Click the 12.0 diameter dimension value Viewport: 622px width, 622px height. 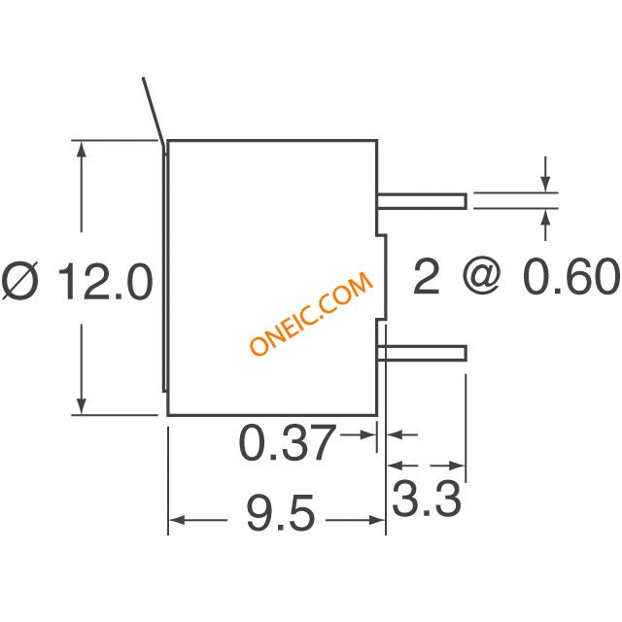[106, 281]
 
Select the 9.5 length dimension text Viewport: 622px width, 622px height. [281, 512]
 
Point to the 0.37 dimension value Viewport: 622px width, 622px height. [287, 442]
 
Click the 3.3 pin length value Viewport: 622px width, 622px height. [427, 498]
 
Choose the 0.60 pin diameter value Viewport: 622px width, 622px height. [571, 276]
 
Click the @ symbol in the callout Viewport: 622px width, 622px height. [481, 276]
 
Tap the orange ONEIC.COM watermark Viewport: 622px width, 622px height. [311, 314]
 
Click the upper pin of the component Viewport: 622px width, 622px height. [421, 201]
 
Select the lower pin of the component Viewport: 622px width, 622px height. [421, 353]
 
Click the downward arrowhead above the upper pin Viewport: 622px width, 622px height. [546, 184]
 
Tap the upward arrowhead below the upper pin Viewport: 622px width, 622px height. [546, 218]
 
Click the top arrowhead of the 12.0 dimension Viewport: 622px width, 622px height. [82, 150]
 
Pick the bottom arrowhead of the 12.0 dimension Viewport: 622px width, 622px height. [82, 405]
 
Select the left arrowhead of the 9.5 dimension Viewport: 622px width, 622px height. [177, 520]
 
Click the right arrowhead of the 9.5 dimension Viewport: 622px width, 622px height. [376, 520]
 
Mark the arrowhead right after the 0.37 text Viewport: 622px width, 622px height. [367, 434]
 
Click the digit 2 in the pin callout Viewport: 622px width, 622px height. [427, 276]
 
